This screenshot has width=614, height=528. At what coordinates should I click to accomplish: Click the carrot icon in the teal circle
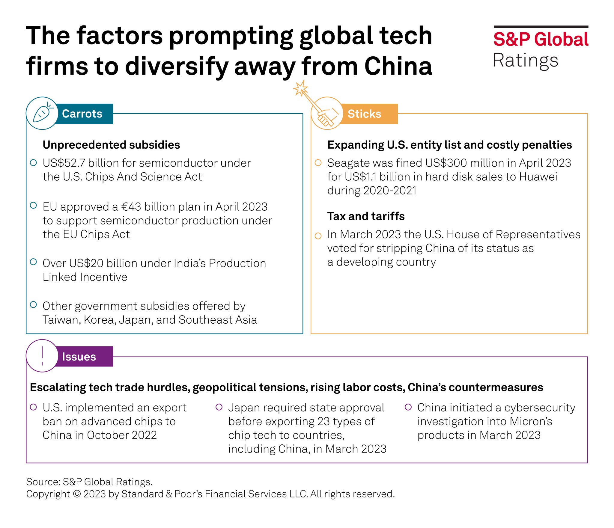pos(42,114)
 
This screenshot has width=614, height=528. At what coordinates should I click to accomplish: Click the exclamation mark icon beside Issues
pos(42,356)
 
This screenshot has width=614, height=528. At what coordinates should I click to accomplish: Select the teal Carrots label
pos(82,114)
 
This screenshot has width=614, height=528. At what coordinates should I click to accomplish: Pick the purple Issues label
pos(79,357)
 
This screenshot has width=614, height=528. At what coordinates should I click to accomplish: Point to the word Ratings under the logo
pos(525,61)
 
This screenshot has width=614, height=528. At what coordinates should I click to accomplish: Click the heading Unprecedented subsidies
pos(111,145)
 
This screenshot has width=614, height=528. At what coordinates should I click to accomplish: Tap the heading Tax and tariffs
pos(366,216)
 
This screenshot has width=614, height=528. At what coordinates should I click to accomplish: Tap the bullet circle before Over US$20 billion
pos(34,262)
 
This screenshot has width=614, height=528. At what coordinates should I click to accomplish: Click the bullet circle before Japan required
pos(219,407)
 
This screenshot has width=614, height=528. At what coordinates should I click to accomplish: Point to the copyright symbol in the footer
pos(77,494)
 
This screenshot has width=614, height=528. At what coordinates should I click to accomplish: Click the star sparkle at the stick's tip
pos(300,88)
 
